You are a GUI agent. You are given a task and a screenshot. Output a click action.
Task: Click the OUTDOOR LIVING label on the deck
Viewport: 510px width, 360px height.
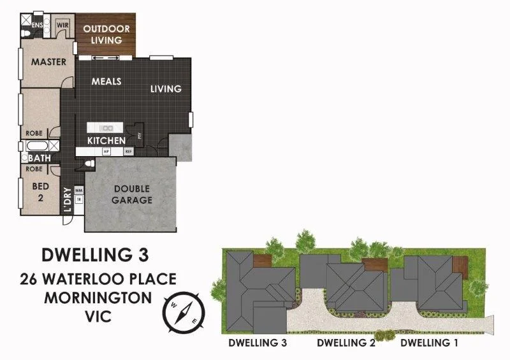click(106, 34)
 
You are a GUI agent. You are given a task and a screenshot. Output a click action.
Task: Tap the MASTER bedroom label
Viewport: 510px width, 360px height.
click(49, 62)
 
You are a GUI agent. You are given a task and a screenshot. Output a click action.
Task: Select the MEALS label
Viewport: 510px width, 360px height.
click(106, 82)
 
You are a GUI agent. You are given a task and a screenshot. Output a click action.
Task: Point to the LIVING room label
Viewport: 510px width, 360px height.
click(166, 89)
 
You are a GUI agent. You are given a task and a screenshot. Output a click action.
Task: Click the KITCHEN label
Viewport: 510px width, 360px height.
click(106, 140)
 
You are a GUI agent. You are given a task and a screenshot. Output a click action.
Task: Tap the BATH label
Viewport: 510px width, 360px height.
click(38, 157)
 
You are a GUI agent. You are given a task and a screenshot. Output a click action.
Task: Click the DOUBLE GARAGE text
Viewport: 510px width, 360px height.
click(133, 194)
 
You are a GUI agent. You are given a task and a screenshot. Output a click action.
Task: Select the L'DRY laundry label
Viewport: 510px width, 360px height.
click(66, 199)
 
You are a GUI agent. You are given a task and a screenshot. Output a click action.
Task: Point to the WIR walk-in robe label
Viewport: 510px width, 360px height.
click(62, 25)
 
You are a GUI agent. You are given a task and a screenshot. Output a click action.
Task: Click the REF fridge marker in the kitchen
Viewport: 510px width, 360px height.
click(128, 152)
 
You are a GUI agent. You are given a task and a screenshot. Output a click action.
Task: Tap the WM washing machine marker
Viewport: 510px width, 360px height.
click(78, 190)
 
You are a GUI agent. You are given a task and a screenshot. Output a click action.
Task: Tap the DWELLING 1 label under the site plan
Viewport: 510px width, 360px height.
click(429, 343)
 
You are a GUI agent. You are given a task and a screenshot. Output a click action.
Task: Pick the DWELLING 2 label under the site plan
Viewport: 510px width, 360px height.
click(346, 343)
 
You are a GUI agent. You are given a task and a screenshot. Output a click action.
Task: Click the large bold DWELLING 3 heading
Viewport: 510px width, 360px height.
click(95, 254)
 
